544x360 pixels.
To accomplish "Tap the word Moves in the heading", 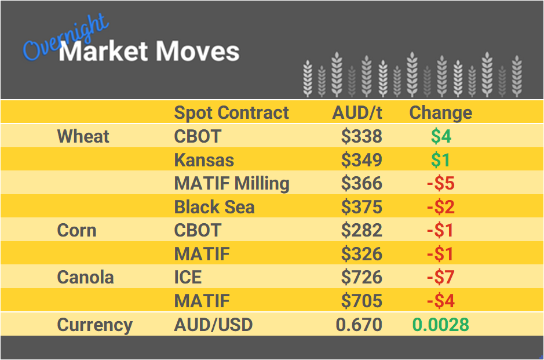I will [x=197, y=52].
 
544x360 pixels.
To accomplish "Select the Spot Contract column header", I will [x=231, y=112].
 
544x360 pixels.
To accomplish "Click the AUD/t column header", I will [x=357, y=112].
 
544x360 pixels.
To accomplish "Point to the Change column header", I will [x=440, y=112].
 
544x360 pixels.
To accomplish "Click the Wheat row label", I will [x=83, y=136].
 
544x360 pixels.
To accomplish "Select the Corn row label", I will [x=76, y=230].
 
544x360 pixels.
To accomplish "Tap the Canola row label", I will [x=85, y=277].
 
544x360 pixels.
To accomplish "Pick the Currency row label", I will [x=94, y=325].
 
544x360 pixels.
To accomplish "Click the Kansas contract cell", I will [x=204, y=159].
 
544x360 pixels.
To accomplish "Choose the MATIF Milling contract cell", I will [x=232, y=183].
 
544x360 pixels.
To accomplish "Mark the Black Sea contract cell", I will [x=214, y=207].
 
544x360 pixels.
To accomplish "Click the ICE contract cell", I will [x=188, y=277].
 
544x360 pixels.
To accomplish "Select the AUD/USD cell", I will [x=213, y=325].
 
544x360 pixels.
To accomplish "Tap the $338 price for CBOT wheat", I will [x=362, y=136].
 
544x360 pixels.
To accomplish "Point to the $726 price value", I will [x=362, y=277].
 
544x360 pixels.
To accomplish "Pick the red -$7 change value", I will [x=440, y=277].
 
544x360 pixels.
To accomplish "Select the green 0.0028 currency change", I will [x=440, y=325].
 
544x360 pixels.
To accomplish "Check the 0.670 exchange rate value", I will [x=359, y=325].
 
